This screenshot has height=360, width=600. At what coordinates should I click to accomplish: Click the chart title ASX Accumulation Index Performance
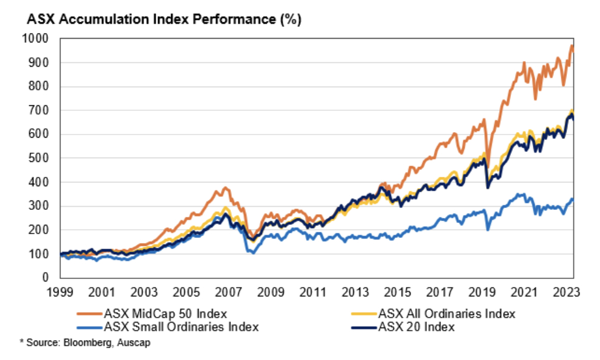(164, 19)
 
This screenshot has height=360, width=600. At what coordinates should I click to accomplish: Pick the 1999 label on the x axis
(61, 291)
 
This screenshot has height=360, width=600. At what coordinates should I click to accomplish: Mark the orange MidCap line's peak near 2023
(571, 45)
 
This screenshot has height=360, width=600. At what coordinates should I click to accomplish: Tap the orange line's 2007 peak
(225, 187)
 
